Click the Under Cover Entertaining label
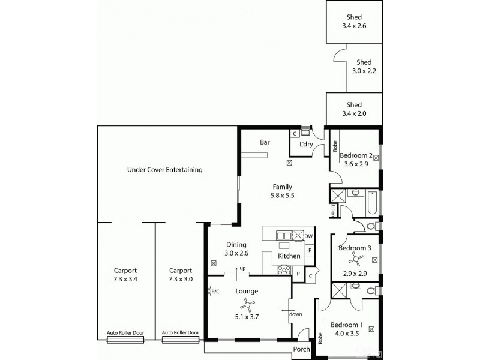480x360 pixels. tap(164, 170)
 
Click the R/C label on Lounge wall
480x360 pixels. tap(214, 292)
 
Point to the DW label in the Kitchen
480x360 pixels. tap(309, 236)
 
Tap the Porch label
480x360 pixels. tap(301, 350)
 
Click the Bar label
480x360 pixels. tap(264, 143)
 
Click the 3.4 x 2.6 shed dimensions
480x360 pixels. tap(353, 26)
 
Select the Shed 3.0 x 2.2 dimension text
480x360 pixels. tap(363, 71)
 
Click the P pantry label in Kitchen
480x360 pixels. tap(298, 274)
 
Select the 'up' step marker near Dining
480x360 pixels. tap(243, 268)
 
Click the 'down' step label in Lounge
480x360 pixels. tap(295, 314)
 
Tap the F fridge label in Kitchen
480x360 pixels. tap(310, 250)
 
